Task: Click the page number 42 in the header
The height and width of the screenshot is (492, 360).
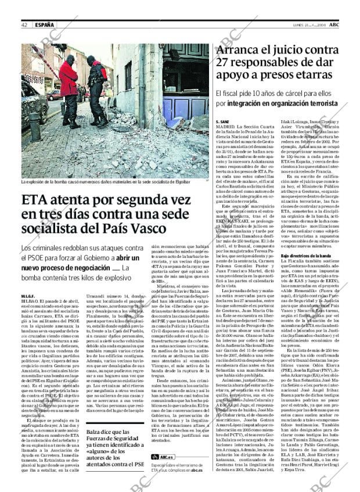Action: click(x=25, y=25)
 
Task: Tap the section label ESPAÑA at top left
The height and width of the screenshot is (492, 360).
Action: click(x=44, y=25)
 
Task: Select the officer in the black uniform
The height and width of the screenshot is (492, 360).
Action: click(x=97, y=87)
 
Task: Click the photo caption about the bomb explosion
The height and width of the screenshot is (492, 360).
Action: click(x=110, y=182)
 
